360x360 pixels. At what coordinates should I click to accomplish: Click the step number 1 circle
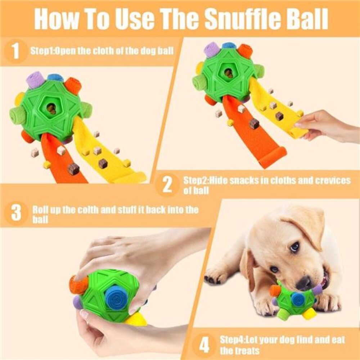click(x=15, y=51)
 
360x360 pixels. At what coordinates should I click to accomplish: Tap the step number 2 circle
click(x=167, y=185)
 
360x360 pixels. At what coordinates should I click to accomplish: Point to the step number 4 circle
click(x=204, y=346)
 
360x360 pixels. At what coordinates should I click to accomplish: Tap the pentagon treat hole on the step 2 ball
click(x=228, y=73)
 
